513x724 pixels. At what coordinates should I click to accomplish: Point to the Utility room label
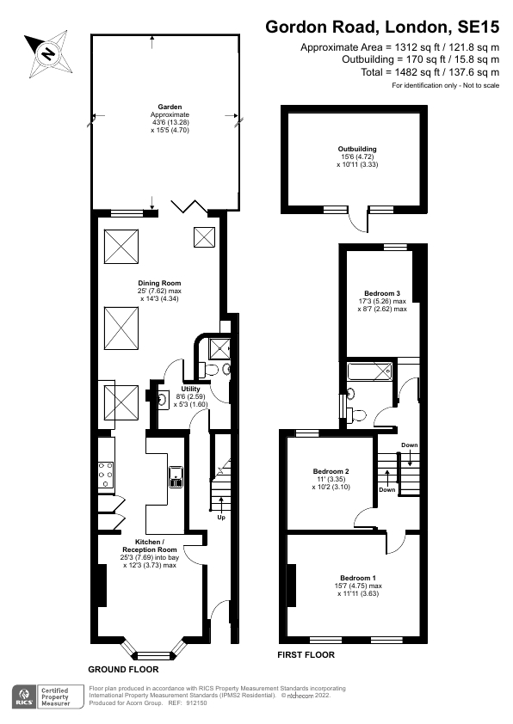pyautogui.click(x=190, y=389)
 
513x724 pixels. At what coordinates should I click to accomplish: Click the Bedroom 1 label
pyautogui.click(x=357, y=577)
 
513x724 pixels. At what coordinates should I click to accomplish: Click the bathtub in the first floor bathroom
pyautogui.click(x=369, y=372)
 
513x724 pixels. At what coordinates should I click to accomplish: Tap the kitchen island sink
pyautogui.click(x=176, y=476)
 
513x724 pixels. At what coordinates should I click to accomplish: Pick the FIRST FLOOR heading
pyautogui.click(x=306, y=654)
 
